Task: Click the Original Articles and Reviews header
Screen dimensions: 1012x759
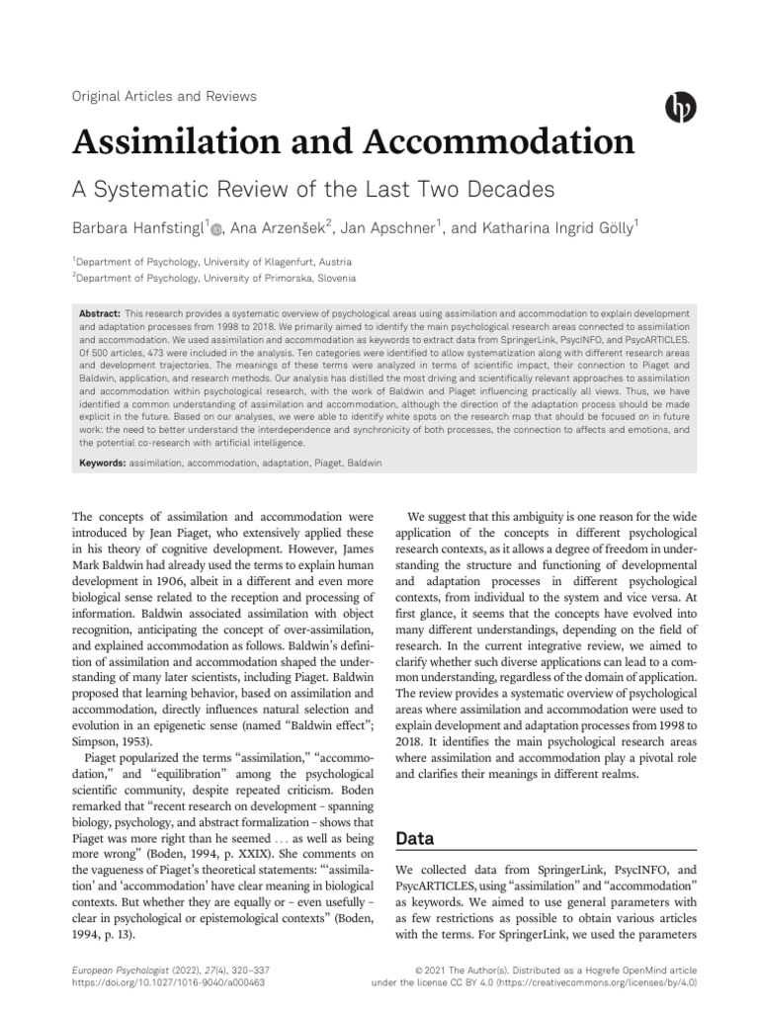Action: coord(164,97)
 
